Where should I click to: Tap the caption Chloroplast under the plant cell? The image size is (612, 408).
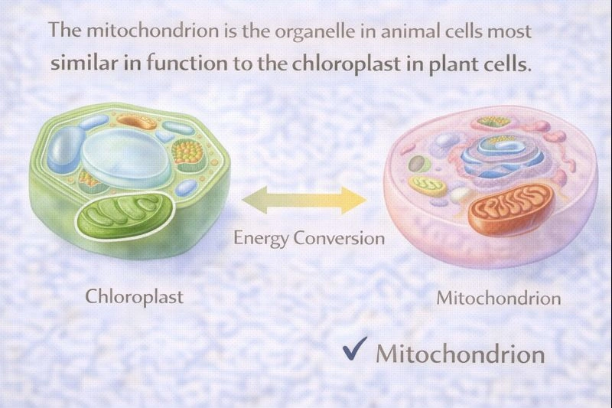coord(134,295)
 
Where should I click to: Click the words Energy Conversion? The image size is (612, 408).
coord(309,237)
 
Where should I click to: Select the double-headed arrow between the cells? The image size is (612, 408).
coord(304,201)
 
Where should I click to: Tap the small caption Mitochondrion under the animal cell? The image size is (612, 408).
coord(499,298)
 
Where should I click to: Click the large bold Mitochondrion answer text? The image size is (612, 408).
coord(460,354)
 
